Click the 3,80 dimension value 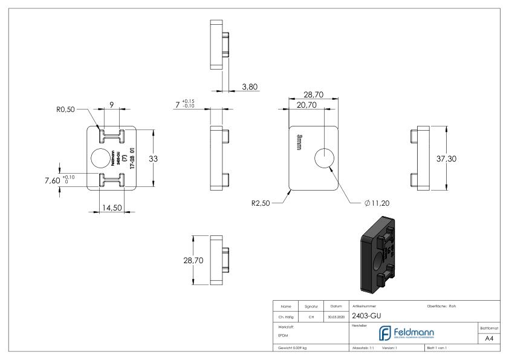point(249,87)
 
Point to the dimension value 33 point(170,159)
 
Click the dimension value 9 point(112,103)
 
